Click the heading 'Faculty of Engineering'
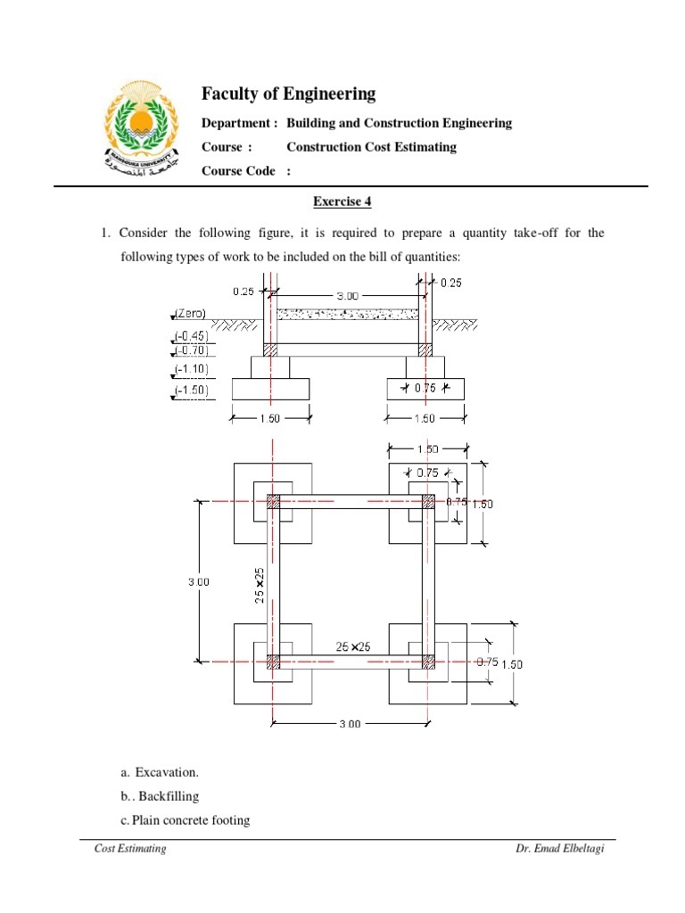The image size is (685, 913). (x=288, y=94)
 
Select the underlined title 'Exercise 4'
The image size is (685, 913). (x=342, y=202)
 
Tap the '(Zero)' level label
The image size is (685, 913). (x=191, y=314)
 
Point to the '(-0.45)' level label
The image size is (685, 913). (x=191, y=336)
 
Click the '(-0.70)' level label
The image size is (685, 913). (x=191, y=350)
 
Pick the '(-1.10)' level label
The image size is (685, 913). (x=191, y=369)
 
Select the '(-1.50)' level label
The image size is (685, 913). (x=191, y=390)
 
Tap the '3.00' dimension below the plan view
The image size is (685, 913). (x=350, y=724)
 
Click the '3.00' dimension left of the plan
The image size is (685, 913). (x=198, y=581)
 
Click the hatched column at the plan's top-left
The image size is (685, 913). (x=274, y=503)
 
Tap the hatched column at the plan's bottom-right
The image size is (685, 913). (x=428, y=662)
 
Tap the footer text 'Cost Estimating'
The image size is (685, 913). (x=130, y=848)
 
